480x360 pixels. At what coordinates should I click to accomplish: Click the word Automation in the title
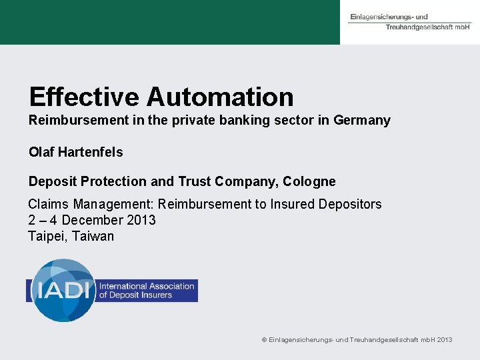tap(220, 97)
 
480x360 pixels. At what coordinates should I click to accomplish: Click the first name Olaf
tap(41, 152)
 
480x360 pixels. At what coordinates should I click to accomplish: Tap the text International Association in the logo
tap(147, 286)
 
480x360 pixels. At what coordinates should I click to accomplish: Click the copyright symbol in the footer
tap(264, 340)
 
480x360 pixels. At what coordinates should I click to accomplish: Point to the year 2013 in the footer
tap(444, 340)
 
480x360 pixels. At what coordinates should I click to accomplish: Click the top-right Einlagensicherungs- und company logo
tap(409, 21)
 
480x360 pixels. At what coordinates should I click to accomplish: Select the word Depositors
tap(351, 204)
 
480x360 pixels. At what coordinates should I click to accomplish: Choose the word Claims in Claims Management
tap(49, 204)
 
